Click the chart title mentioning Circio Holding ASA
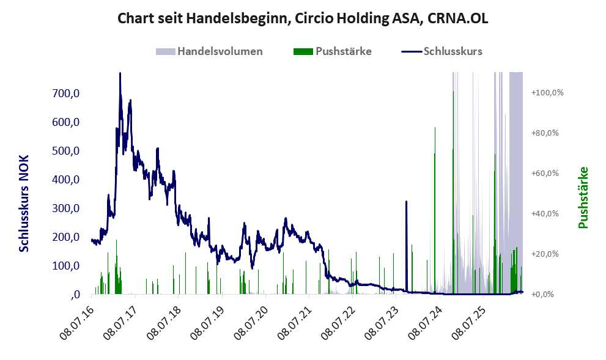[x=303, y=18]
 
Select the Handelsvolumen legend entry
[x=209, y=51]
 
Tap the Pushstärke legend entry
[x=333, y=51]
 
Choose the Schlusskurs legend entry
[x=442, y=51]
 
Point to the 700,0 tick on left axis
[x=65, y=93]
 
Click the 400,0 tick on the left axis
[x=65, y=180]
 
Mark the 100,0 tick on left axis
[x=65, y=266]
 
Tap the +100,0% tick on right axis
[x=547, y=93]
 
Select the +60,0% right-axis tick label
[x=545, y=174]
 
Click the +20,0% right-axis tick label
[x=545, y=254]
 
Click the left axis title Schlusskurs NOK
[x=24, y=204]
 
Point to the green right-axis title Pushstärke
[x=583, y=197]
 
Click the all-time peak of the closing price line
[x=120, y=73]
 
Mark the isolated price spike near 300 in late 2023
[x=406, y=202]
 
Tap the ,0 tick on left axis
[x=75, y=295]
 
